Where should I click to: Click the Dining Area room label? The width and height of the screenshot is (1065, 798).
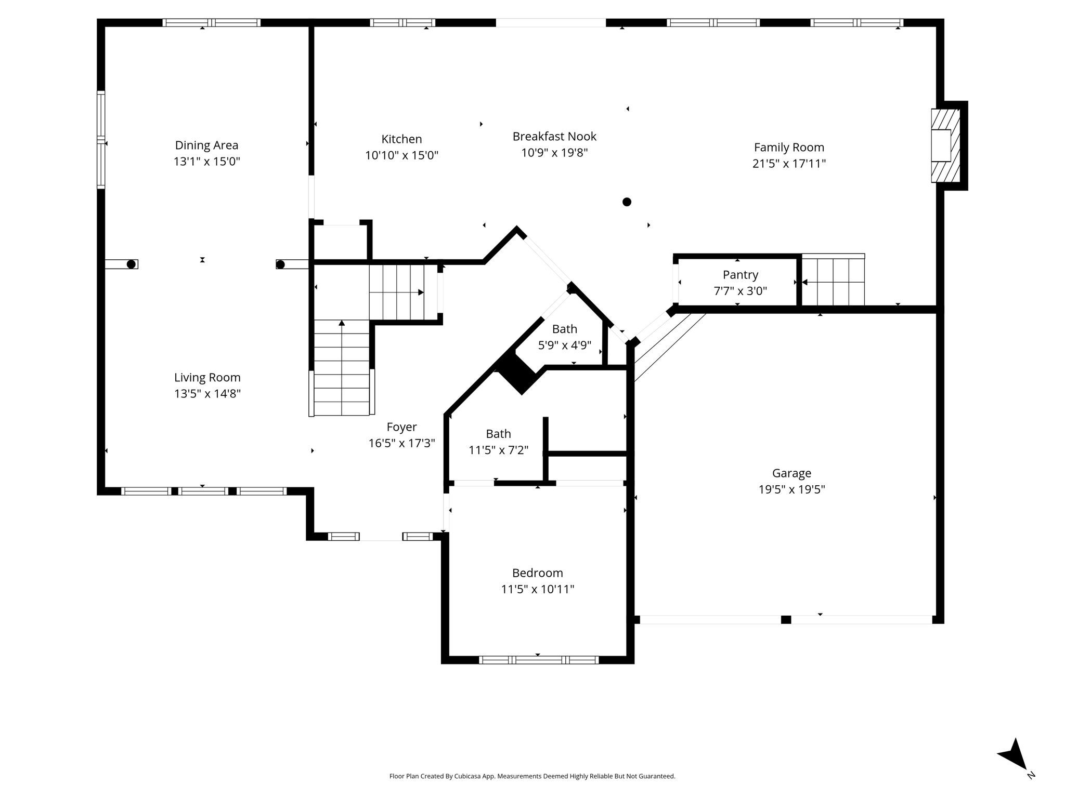[x=206, y=145]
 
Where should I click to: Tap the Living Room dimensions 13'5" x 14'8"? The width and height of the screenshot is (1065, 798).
[x=207, y=394]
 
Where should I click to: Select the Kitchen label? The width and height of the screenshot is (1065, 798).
[x=401, y=139]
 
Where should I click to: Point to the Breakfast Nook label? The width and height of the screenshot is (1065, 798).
[x=554, y=137]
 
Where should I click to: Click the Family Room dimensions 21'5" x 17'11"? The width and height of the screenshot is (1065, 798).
[x=789, y=164]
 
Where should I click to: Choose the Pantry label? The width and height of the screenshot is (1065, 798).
[x=740, y=275]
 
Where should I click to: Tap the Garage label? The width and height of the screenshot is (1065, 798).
[x=791, y=473]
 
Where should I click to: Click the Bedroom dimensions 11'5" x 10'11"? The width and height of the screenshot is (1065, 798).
[x=537, y=589]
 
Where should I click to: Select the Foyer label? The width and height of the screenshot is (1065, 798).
[x=401, y=427]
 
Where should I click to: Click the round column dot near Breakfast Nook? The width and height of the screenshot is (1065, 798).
[x=627, y=202]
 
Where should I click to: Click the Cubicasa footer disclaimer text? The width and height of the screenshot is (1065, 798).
[x=532, y=776]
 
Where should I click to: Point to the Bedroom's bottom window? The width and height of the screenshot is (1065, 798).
[x=538, y=660]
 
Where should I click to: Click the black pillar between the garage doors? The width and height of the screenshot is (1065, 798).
[x=786, y=620]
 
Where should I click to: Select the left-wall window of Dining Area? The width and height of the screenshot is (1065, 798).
[x=101, y=139]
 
